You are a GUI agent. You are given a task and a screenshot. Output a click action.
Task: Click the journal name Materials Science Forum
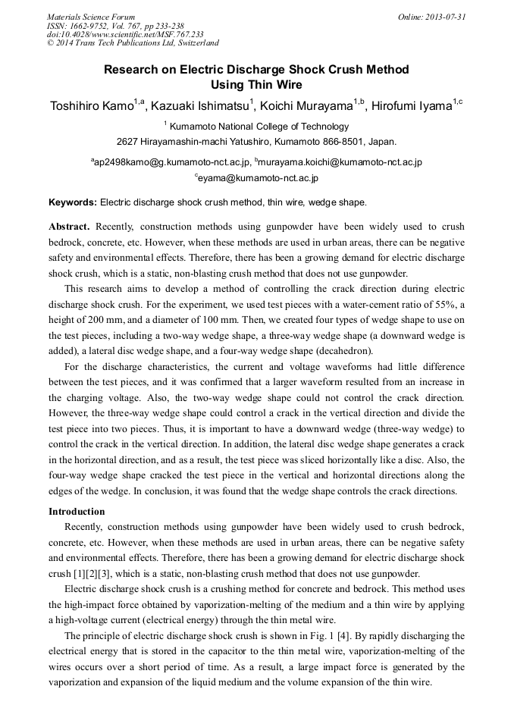tap(90, 17)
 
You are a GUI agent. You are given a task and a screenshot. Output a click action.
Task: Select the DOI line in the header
tap(125, 34)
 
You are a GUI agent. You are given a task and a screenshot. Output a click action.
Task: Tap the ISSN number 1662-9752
tap(90, 26)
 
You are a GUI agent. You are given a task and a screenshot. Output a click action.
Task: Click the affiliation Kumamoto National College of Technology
tap(259, 127)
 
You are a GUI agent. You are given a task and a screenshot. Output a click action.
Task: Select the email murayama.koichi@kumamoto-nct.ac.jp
tap(340, 162)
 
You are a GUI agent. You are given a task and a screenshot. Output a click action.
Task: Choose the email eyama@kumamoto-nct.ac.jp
tap(259, 179)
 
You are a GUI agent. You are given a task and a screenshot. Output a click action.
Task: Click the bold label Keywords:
tap(73, 202)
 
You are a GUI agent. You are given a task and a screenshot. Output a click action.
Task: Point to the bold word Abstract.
tap(69, 227)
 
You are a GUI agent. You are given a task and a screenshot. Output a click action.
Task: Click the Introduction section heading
tap(77, 512)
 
